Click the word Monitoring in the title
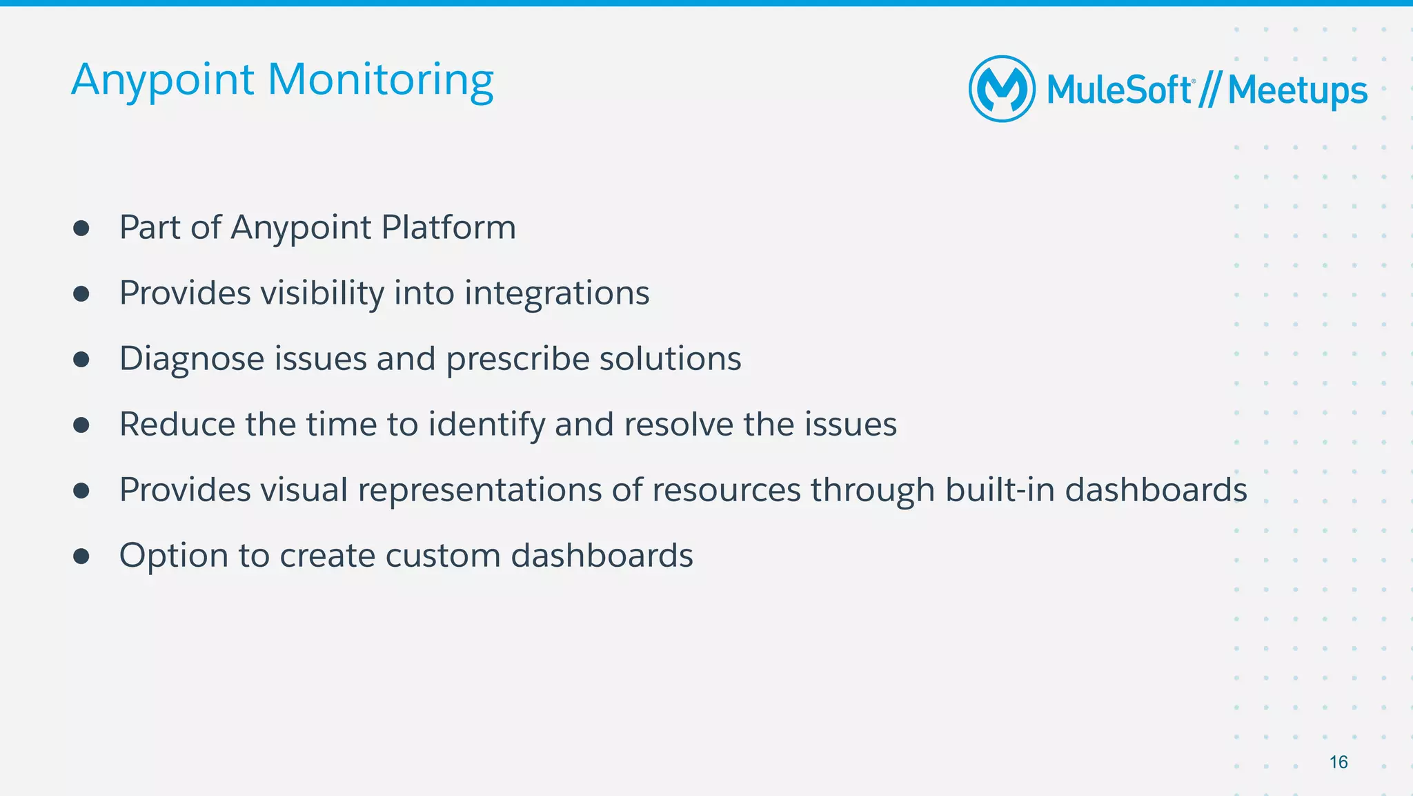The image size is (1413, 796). (380, 80)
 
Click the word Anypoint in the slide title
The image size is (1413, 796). (163, 80)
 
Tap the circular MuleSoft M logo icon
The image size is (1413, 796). (1002, 89)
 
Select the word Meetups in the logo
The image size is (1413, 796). (1297, 90)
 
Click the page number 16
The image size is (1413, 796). (1338, 762)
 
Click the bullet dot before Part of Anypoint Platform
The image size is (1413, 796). (81, 229)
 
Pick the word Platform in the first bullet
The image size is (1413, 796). (448, 227)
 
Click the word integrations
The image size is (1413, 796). (557, 293)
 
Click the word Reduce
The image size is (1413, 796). (177, 424)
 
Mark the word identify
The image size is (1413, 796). (486, 424)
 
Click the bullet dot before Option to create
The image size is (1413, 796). (81, 556)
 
